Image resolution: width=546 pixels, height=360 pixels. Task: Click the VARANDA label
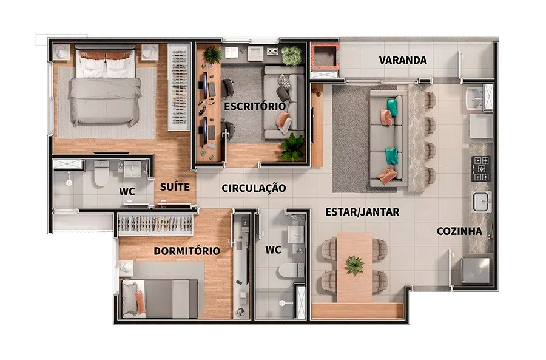pos(403,60)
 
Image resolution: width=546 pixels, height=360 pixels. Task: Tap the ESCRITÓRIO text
pos(255,106)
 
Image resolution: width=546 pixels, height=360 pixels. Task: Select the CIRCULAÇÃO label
pos(254,188)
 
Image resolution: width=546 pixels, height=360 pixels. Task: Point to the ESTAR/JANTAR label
pos(362,212)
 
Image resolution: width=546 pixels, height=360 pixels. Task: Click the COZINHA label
pos(460,231)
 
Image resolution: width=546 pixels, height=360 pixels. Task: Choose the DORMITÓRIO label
pos(187,251)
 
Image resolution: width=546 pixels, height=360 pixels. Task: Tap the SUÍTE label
pos(175,187)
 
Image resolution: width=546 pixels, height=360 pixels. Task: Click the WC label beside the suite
pos(127,191)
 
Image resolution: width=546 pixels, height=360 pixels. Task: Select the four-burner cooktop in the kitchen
pos(480,169)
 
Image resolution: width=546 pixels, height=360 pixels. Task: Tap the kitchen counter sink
pos(482,202)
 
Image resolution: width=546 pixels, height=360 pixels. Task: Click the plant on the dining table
pos(354,265)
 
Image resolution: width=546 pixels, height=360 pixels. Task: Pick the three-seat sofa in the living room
pos(388,138)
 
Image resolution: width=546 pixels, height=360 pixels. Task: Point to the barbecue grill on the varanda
pos(325,56)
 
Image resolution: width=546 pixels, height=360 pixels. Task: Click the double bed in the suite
pos(106,87)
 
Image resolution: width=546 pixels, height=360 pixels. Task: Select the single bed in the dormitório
pos(160,299)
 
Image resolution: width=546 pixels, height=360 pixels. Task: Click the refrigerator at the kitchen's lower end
pos(475,270)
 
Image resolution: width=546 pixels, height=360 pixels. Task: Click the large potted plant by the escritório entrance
pos(292,147)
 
